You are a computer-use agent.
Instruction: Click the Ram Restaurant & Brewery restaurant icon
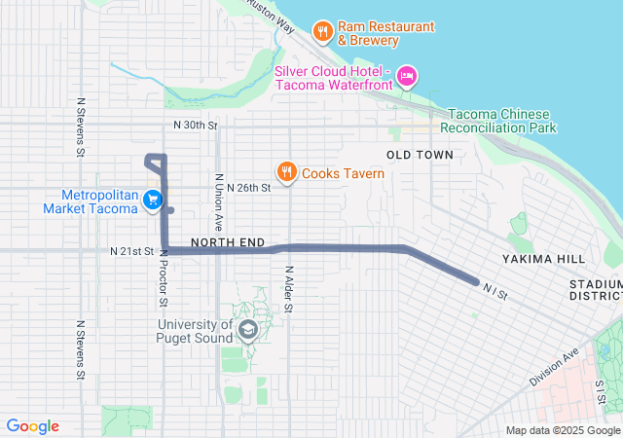point(323,32)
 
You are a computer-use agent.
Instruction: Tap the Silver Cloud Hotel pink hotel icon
point(407,75)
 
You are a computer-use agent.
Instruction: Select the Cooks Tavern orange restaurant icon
point(286,173)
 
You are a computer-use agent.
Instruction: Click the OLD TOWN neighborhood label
point(420,155)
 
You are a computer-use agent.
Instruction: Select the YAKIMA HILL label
point(544,259)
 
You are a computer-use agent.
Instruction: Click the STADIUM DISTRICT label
point(595,289)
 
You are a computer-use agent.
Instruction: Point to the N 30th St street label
point(193,125)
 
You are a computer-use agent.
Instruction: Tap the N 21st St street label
point(131,251)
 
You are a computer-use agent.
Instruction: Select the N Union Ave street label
point(220,199)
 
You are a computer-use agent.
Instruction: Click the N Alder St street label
point(289,289)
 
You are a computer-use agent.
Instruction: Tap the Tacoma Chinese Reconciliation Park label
point(497,121)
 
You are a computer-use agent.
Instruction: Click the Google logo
point(32,426)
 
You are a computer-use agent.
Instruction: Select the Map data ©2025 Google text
point(563,430)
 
